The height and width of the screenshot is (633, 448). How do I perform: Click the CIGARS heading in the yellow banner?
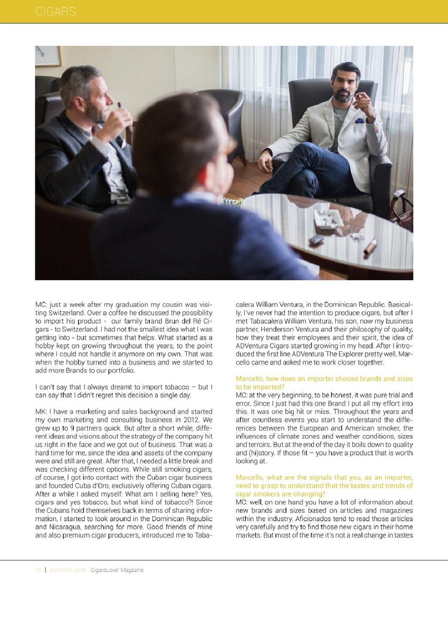55,12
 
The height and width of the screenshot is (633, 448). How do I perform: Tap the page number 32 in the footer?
38,570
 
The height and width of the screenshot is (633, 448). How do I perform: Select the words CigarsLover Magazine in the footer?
117,570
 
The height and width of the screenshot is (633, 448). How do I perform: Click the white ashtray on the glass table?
328,217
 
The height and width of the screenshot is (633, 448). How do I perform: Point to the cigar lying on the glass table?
370,247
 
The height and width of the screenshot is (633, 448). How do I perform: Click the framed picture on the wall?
48,56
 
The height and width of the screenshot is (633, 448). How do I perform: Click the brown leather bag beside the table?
403,210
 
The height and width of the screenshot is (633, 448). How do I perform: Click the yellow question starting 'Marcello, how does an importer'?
324,382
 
